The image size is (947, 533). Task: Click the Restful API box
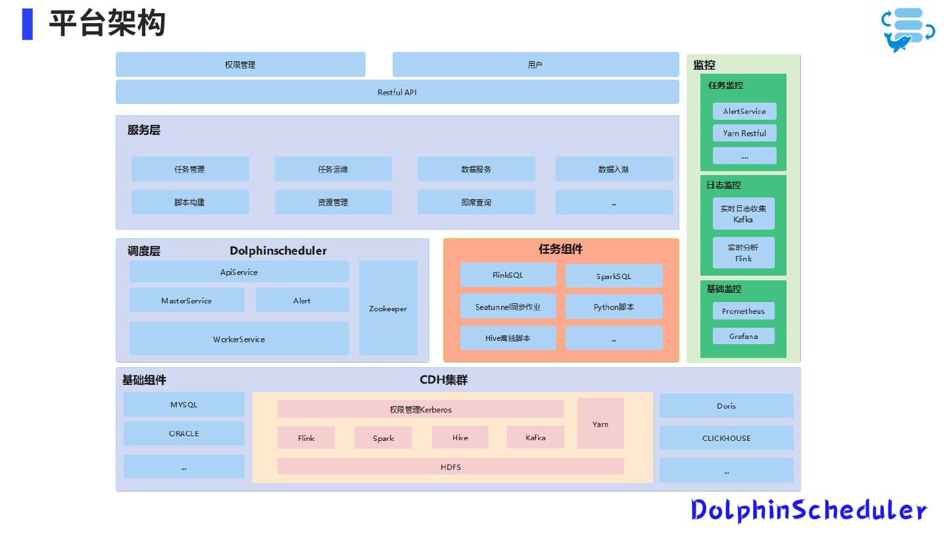coord(397,92)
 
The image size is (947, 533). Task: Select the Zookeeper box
coord(388,308)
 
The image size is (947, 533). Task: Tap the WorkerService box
coord(239,339)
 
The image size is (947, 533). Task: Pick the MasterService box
coord(187,300)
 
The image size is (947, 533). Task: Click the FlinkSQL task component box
coord(508,275)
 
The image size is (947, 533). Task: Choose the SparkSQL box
coord(614,276)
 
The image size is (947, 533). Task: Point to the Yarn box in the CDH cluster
coord(600,424)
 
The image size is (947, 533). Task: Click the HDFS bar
coord(450,467)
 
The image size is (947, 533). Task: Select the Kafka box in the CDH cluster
coord(535,438)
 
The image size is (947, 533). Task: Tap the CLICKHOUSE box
coord(726,438)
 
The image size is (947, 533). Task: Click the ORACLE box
coord(183,434)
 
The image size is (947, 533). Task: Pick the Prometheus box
coord(743,311)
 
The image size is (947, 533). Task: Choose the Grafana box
coord(743,336)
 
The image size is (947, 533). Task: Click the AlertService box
coord(744,111)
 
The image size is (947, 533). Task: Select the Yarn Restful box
coord(744,133)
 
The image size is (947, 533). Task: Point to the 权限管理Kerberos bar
coord(420,409)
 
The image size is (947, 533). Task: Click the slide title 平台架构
coord(107,24)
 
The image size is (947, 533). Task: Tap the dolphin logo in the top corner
coord(908,30)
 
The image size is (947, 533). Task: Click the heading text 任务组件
coord(560,249)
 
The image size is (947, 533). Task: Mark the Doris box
coord(726,406)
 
